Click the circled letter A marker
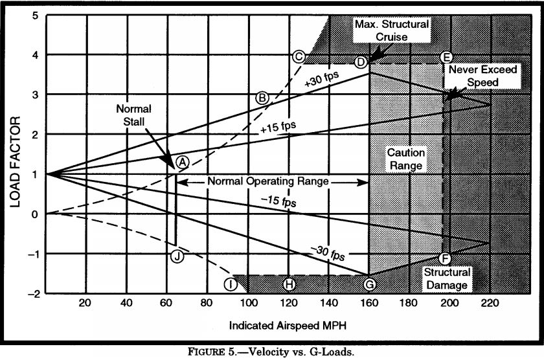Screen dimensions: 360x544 (182, 161)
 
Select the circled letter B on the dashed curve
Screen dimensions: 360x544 (262, 98)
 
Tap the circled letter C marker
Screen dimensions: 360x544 (299, 56)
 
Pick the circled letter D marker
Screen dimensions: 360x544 (361, 62)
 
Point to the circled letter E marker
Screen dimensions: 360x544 (445, 57)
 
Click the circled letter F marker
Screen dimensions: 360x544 (444, 258)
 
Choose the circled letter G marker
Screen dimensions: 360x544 (369, 284)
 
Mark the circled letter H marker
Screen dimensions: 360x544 (289, 284)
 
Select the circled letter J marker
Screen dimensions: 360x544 (177, 256)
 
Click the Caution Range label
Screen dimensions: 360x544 (405, 159)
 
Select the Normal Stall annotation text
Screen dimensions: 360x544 (137, 115)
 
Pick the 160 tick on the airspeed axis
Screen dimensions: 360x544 (368, 304)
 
